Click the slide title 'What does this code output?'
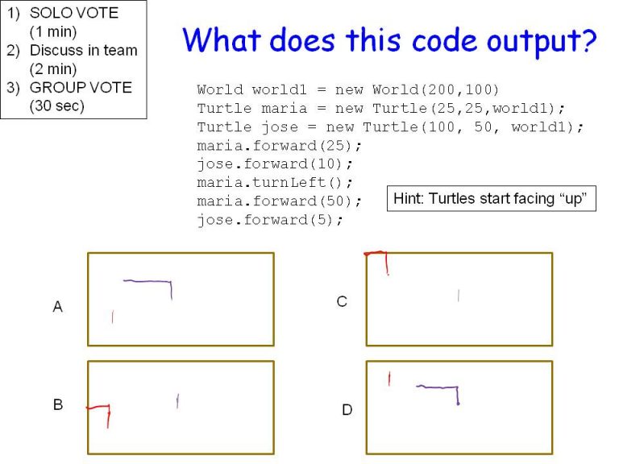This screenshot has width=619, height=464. pos(389,39)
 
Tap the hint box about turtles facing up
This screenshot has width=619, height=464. pos(492,198)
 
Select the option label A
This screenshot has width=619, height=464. pos(57,307)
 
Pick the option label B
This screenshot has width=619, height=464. pos(58,405)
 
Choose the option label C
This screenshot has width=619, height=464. pos(342,301)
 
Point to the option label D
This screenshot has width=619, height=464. pos(347,410)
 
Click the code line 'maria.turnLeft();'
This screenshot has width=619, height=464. pos(275,183)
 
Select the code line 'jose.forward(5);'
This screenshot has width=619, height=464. pos(270,220)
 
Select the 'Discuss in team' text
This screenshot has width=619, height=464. pos(83,50)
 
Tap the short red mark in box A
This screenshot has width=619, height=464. pos(112,317)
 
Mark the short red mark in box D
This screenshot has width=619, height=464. pos(389,378)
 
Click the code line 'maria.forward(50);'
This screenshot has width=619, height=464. pos(279,201)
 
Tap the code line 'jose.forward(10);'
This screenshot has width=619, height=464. pos(275,164)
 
